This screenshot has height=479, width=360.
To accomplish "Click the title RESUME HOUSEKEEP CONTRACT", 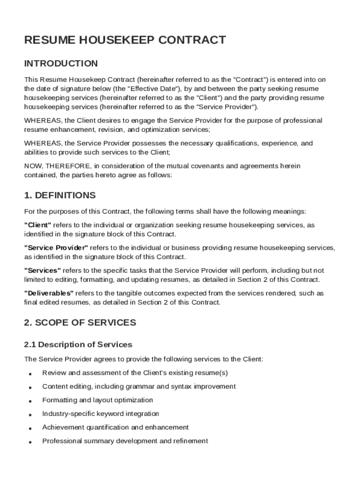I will click(x=125, y=40).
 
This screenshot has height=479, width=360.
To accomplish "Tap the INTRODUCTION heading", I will click(x=61, y=64).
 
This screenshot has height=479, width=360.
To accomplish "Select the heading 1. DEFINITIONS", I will click(x=60, y=196).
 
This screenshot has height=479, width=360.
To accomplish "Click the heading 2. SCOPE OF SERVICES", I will click(x=80, y=323).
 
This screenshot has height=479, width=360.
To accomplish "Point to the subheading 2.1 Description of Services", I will click(x=78, y=345).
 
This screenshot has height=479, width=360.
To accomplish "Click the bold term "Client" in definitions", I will click(x=38, y=225).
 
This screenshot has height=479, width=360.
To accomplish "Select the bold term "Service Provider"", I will click(x=56, y=248).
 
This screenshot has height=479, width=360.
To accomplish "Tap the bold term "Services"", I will click(x=43, y=270).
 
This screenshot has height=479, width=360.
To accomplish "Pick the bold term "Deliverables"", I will click(x=49, y=293).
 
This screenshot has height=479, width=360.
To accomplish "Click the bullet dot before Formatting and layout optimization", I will click(x=30, y=401).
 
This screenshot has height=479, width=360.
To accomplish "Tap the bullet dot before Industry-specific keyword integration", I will click(x=30, y=414).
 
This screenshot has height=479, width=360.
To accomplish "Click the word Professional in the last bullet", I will click(x=62, y=441).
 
